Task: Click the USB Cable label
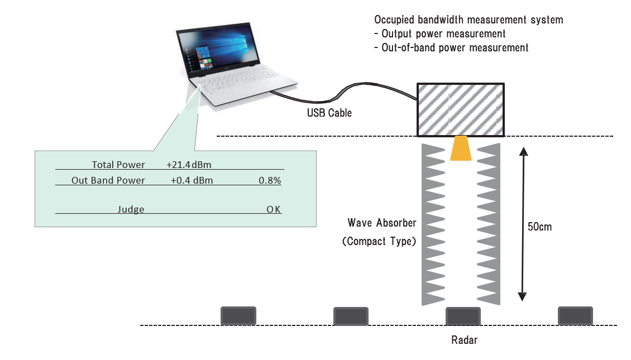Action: tap(329, 113)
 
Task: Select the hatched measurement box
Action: tap(460, 110)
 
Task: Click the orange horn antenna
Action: tap(461, 148)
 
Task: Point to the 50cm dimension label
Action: tap(539, 227)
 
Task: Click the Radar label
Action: tap(465, 340)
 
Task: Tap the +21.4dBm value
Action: tap(189, 165)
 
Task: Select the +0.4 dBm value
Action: tap(192, 180)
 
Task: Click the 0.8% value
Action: tap(270, 180)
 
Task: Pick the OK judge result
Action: tap(273, 209)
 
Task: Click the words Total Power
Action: tap(118, 165)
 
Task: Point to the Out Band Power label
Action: tap(108, 180)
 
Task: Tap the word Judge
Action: tap(131, 209)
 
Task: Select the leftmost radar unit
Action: tap(238, 316)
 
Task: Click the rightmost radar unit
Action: tap(576, 316)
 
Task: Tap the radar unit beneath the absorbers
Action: tap(463, 316)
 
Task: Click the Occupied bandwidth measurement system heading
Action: tap(469, 20)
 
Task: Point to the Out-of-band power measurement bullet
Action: tap(451, 47)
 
